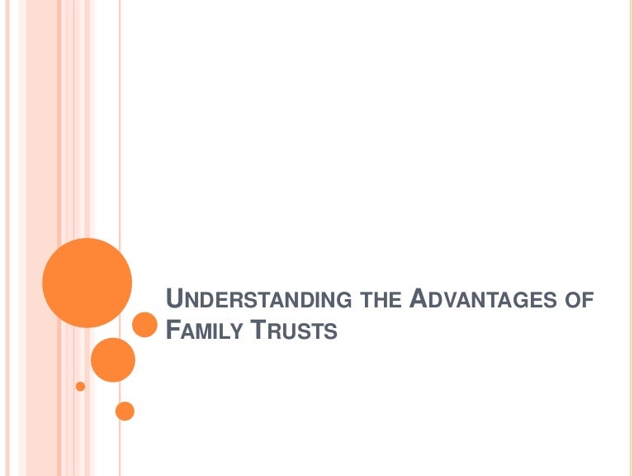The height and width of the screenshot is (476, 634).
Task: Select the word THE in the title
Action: [x=382, y=300]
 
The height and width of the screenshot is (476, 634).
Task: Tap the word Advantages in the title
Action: [x=481, y=299]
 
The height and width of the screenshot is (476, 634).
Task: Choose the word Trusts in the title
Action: [x=294, y=331]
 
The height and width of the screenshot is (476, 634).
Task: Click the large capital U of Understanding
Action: [x=173, y=298]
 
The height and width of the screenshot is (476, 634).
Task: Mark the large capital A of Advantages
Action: [x=419, y=298]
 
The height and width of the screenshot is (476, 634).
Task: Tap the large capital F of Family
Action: [x=172, y=330]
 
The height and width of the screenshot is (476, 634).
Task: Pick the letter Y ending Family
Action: [x=239, y=331]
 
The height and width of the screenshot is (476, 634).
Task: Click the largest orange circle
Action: [x=87, y=283]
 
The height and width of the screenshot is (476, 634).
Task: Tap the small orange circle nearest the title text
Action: [x=144, y=325]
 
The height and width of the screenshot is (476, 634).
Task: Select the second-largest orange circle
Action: [x=112, y=359]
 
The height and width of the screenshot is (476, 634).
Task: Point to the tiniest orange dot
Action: [x=80, y=386]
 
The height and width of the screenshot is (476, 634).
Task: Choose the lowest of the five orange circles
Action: [x=125, y=410]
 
